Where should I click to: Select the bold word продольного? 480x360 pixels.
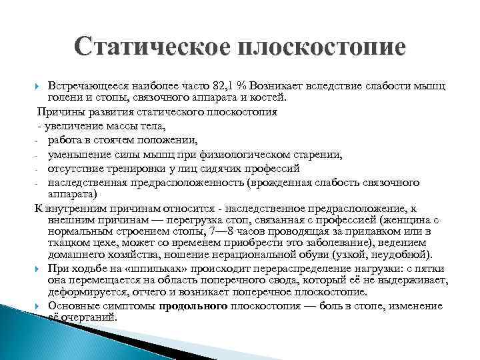pyautogui.click(x=194, y=305)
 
